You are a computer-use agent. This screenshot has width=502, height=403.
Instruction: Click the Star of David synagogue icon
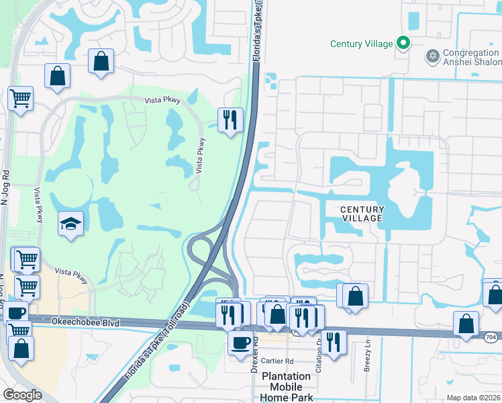click(432, 53)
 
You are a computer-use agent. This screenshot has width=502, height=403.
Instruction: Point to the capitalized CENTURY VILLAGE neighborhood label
click(361, 214)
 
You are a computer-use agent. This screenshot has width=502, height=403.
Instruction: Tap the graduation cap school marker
click(70, 224)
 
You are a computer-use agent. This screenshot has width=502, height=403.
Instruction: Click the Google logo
click(22, 395)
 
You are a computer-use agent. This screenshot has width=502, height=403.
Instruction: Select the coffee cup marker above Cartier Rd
click(240, 343)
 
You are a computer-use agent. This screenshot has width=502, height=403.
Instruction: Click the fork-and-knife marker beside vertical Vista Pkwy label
click(230, 120)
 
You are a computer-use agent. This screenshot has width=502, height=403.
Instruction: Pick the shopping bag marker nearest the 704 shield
click(466, 324)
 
